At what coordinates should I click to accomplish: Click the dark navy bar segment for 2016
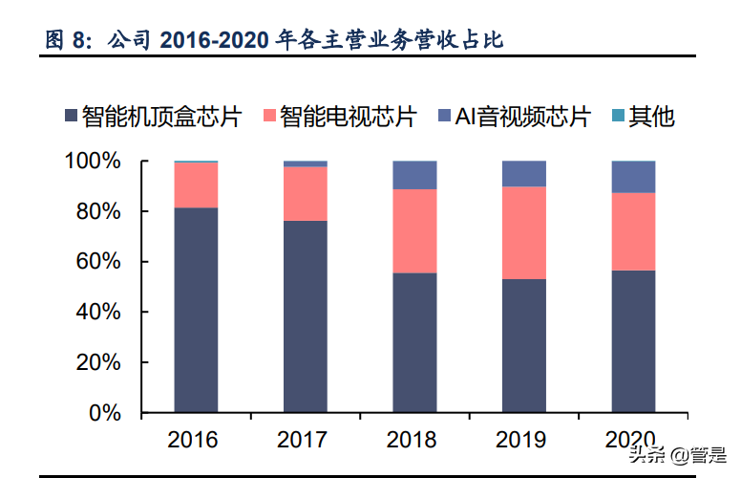click(x=196, y=310)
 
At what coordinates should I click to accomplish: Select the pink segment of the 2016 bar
click(x=196, y=185)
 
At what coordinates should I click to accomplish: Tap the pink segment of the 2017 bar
click(x=306, y=194)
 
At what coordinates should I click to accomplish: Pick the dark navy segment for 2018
click(x=414, y=342)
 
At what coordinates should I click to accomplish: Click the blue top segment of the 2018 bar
click(x=414, y=175)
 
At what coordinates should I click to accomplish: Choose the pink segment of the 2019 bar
click(x=524, y=232)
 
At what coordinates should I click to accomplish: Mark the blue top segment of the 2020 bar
click(x=633, y=177)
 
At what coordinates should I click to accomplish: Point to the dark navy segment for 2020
click(x=633, y=341)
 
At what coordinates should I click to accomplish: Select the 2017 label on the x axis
click(x=305, y=440)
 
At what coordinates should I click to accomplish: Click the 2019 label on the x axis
click(x=523, y=440)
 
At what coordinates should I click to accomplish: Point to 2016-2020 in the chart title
click(x=216, y=40)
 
